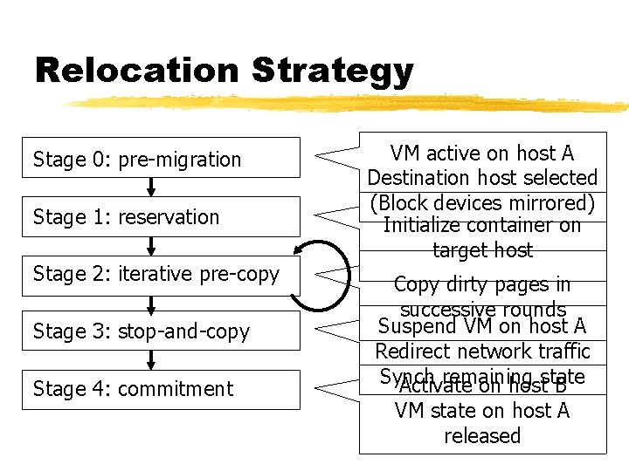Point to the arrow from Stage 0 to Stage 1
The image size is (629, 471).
(x=151, y=187)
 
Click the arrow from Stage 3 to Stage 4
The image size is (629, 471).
(x=151, y=359)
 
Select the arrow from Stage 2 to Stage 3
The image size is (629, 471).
(x=151, y=303)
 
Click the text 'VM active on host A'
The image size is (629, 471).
(x=481, y=154)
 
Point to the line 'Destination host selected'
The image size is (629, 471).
(x=481, y=178)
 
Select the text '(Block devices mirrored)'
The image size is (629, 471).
(x=481, y=202)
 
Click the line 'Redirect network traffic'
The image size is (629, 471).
(x=482, y=352)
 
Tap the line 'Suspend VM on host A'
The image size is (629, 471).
(x=481, y=327)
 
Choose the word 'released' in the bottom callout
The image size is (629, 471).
(x=481, y=435)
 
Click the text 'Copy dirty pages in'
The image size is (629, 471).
(x=481, y=284)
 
